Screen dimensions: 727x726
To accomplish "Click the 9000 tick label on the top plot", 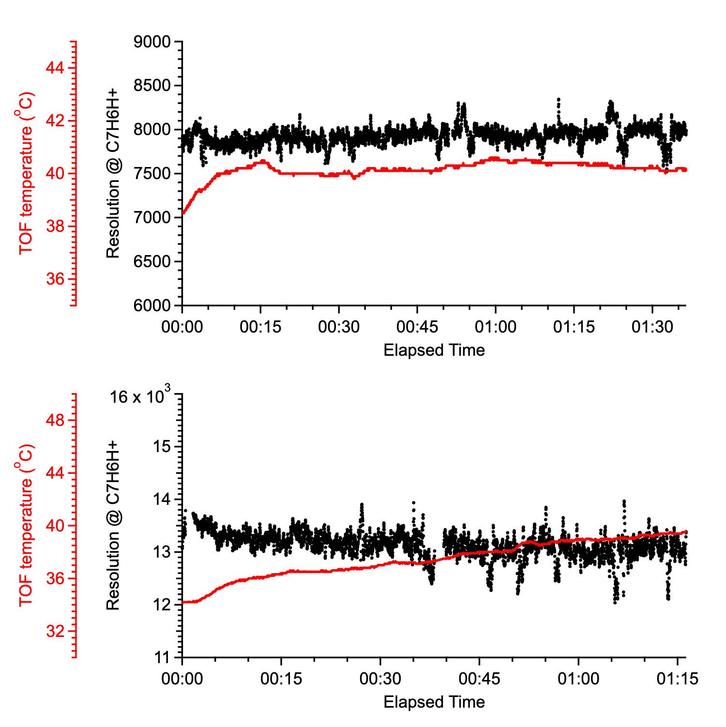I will click(151, 42).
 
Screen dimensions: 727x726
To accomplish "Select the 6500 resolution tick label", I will click(151, 262).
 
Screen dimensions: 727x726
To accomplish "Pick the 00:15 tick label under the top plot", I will click(260, 327).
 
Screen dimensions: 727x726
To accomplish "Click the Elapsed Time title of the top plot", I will click(434, 350).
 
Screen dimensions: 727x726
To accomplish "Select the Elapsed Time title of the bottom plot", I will click(434, 702).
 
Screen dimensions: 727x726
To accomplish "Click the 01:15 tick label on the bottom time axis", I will click(677, 679).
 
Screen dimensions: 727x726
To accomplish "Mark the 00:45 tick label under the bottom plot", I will click(479, 679).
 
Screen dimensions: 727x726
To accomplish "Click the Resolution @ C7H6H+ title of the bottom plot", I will click(113, 525).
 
